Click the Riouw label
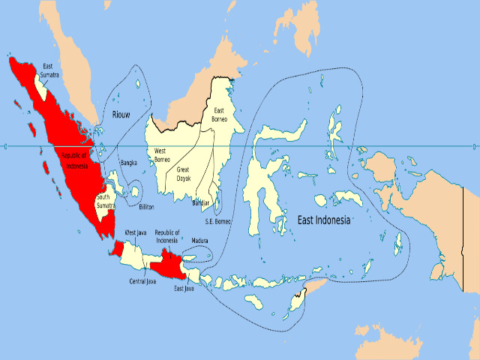(121, 114)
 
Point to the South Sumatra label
(106, 202)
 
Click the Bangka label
(129, 162)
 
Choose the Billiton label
(146, 205)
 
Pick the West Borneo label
(160, 155)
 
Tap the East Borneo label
(219, 115)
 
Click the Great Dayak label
(183, 173)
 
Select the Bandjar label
(200, 202)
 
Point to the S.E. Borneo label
(218, 222)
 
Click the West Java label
(135, 232)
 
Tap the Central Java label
(142, 281)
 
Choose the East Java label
(184, 288)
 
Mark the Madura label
(199, 240)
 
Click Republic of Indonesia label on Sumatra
(74, 160)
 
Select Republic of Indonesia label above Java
(166, 236)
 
